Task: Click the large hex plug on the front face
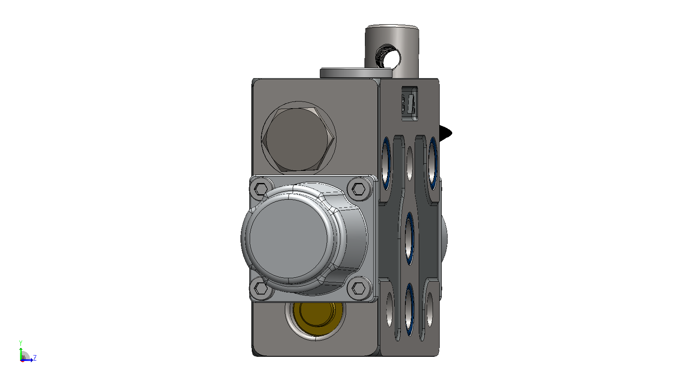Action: point(298,139)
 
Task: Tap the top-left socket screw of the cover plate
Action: point(261,189)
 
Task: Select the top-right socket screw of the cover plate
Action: point(359,189)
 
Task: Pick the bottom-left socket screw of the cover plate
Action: point(261,289)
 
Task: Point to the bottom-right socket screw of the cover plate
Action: point(359,289)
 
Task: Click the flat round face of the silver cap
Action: point(289,239)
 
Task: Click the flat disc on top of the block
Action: point(356,73)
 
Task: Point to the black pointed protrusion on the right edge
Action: point(446,133)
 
